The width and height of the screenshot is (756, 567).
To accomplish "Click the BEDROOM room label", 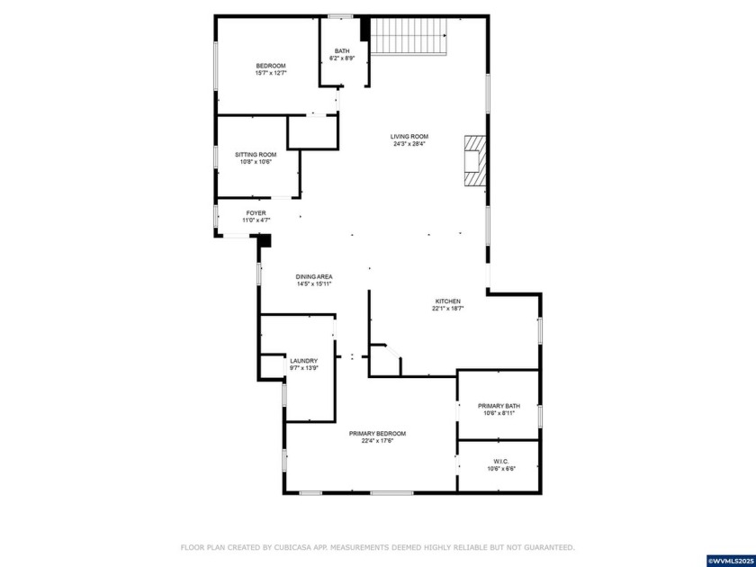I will click(271, 66).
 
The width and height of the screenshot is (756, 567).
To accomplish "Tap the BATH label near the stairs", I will click(342, 51).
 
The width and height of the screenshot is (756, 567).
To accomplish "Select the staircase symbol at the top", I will click(410, 36).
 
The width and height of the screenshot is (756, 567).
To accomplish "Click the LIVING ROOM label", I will click(409, 137).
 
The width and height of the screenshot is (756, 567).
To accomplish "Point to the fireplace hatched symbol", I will click(474, 161).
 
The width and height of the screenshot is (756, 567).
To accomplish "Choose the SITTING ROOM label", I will click(256, 155).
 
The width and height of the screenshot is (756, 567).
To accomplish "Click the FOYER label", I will click(256, 213).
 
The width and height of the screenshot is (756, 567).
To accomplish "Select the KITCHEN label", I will click(447, 301).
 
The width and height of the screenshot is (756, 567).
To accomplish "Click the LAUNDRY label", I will click(303, 361).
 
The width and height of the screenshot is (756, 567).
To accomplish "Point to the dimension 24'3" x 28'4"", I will click(409, 144).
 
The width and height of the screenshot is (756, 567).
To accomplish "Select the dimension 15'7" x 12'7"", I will click(271, 73).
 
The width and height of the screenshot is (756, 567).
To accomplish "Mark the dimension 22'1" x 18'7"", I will click(447, 309).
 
